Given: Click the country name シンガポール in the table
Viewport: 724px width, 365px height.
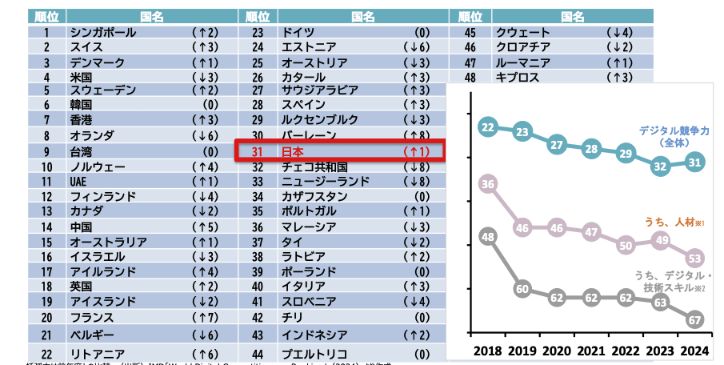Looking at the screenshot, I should tap(103, 33).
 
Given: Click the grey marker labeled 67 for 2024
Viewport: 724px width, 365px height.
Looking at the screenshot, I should tap(694, 319).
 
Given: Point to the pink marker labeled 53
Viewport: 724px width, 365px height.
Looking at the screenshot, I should tap(694, 258).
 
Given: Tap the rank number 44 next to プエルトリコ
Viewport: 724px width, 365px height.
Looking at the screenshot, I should tap(258, 354).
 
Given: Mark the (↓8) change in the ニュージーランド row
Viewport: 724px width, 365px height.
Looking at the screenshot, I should tap(416, 182).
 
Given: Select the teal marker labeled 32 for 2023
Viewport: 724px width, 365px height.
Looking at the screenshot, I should tap(660, 166).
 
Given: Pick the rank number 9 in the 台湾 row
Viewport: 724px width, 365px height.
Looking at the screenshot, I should tap(47, 151).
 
